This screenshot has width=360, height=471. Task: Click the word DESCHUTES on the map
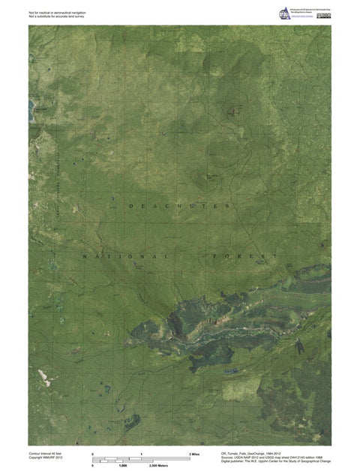point(178,205)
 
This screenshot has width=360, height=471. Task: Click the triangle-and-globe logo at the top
point(283,12)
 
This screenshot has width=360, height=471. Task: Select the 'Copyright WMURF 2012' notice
point(47,458)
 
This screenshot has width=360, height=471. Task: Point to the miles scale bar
point(140,459)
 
